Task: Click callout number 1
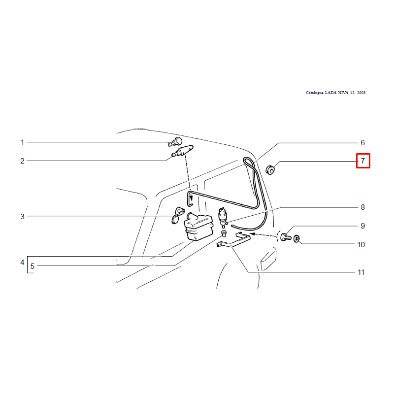[x=22, y=142]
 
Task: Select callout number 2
[x=22, y=161]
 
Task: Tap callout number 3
[x=22, y=216]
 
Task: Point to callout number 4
[x=22, y=263]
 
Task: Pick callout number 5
[x=33, y=266]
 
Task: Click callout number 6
[x=362, y=143]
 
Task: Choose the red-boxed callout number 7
[x=363, y=161]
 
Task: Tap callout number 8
[x=362, y=207]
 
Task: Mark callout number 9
[x=362, y=226]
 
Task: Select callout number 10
[x=361, y=244]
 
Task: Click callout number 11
[x=361, y=272]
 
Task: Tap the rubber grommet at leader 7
[x=270, y=169]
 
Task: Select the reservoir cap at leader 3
[x=177, y=215]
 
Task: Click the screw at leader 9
[x=286, y=237]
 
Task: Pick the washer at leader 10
[x=297, y=238]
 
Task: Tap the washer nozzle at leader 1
[x=175, y=142]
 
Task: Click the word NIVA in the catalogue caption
[x=343, y=93]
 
